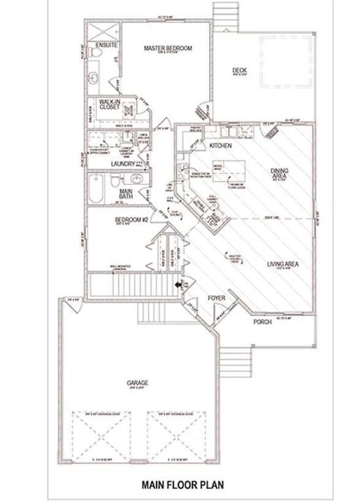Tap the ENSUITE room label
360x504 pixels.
(106, 45)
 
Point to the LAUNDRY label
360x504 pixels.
(123, 163)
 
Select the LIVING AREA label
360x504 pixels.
(282, 264)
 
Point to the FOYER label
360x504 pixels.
(217, 297)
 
